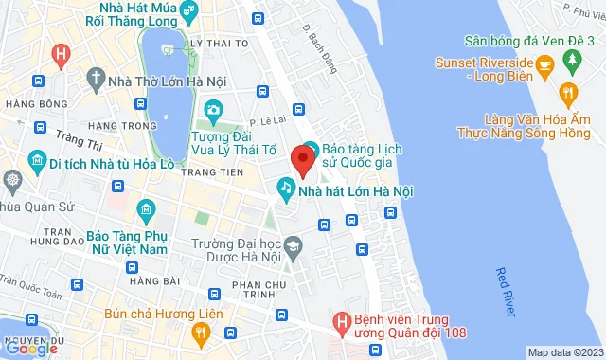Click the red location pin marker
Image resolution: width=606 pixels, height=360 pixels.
pos(302,158)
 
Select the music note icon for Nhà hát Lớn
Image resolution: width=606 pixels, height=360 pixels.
pos(284,189)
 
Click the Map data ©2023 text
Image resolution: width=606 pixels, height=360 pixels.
pos(564,352)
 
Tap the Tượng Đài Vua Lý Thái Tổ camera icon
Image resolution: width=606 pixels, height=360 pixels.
pos(214,112)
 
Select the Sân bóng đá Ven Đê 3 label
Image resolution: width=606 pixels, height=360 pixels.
pos(529,40)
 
